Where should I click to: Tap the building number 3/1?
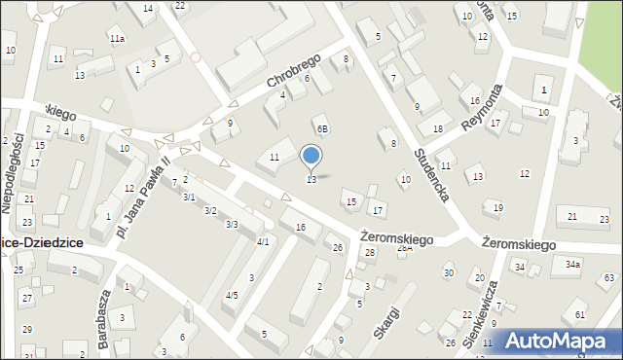[x=189, y=197]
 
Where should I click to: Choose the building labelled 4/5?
[x=231, y=295]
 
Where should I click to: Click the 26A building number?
[x=405, y=248]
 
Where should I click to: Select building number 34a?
[x=573, y=264]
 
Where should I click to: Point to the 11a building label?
[x=117, y=39]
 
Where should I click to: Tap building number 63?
[x=608, y=278]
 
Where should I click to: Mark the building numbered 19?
[x=498, y=207]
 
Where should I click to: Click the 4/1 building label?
[x=263, y=241]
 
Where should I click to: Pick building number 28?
[x=369, y=253]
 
